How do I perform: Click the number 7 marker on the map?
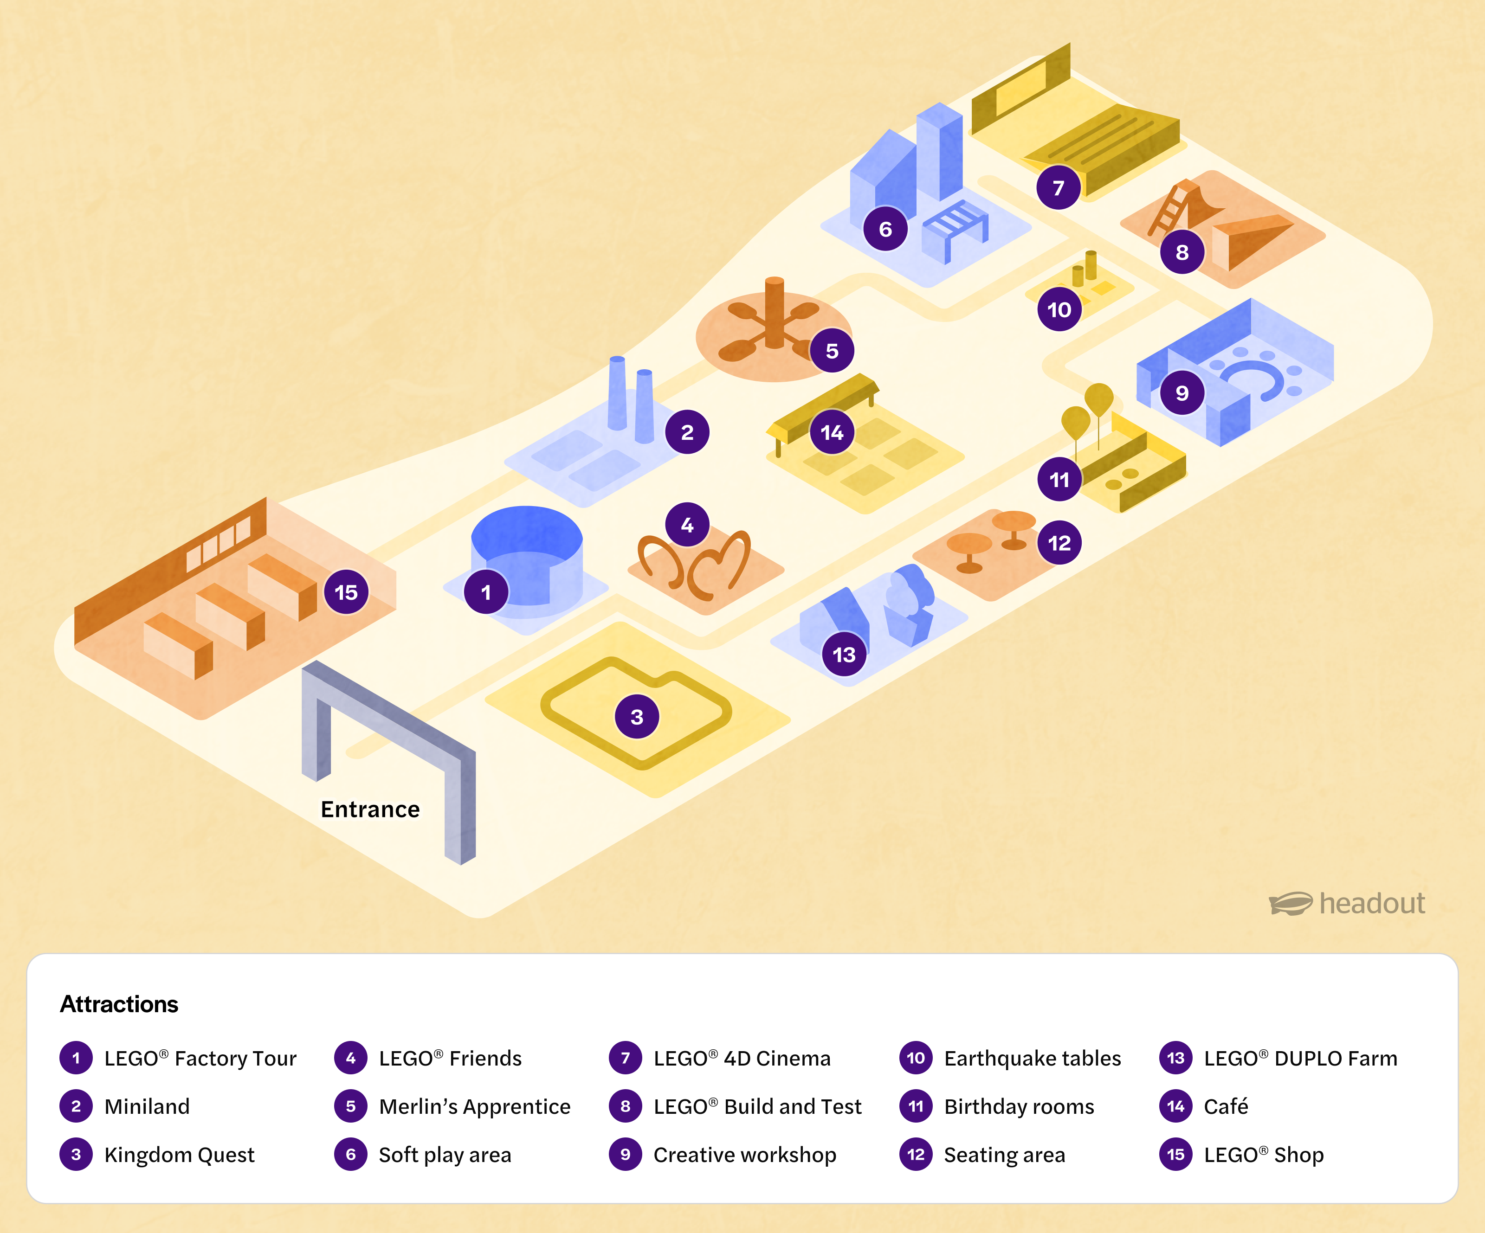pos(1059,187)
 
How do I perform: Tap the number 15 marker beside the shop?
pos(346,592)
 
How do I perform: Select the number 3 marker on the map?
pos(636,716)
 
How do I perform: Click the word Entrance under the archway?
pos(370,809)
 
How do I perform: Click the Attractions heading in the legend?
pos(119,1004)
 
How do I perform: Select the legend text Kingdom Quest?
pos(179,1155)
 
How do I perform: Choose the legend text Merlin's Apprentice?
pos(474,1106)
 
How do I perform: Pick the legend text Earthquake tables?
pos(1033,1059)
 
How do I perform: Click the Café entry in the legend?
pos(1226,1106)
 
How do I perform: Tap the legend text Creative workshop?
pos(745,1155)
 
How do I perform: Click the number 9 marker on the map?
pos(1182,392)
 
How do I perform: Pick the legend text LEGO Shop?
pos(1264,1155)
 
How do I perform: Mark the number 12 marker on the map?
pos(1059,542)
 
